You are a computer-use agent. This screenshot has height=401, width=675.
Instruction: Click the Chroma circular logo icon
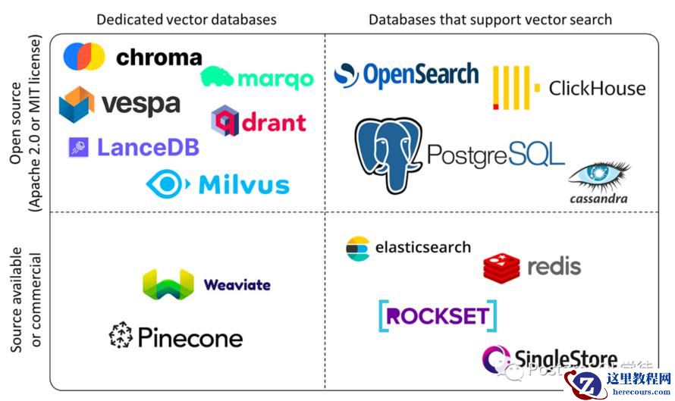[83, 57]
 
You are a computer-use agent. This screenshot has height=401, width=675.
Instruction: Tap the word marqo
[275, 79]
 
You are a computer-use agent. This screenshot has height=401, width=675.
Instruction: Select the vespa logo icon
[77, 104]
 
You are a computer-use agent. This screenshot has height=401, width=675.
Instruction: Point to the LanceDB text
[148, 146]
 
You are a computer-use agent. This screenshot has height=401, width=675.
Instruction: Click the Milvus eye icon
[168, 184]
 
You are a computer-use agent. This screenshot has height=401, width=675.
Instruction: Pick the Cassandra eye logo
[600, 175]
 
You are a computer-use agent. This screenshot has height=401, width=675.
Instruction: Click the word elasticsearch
[423, 247]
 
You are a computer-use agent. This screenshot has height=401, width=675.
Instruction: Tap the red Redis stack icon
[501, 267]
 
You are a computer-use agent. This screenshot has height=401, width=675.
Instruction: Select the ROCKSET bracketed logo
[438, 316]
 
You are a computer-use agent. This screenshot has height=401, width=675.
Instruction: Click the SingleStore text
[565, 358]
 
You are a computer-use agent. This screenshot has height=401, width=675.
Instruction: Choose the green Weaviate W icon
[168, 284]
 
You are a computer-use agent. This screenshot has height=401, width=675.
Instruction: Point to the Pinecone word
[190, 337]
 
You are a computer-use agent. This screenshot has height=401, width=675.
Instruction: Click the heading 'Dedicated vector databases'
[187, 19]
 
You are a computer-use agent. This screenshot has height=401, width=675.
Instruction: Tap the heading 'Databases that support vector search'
[490, 19]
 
